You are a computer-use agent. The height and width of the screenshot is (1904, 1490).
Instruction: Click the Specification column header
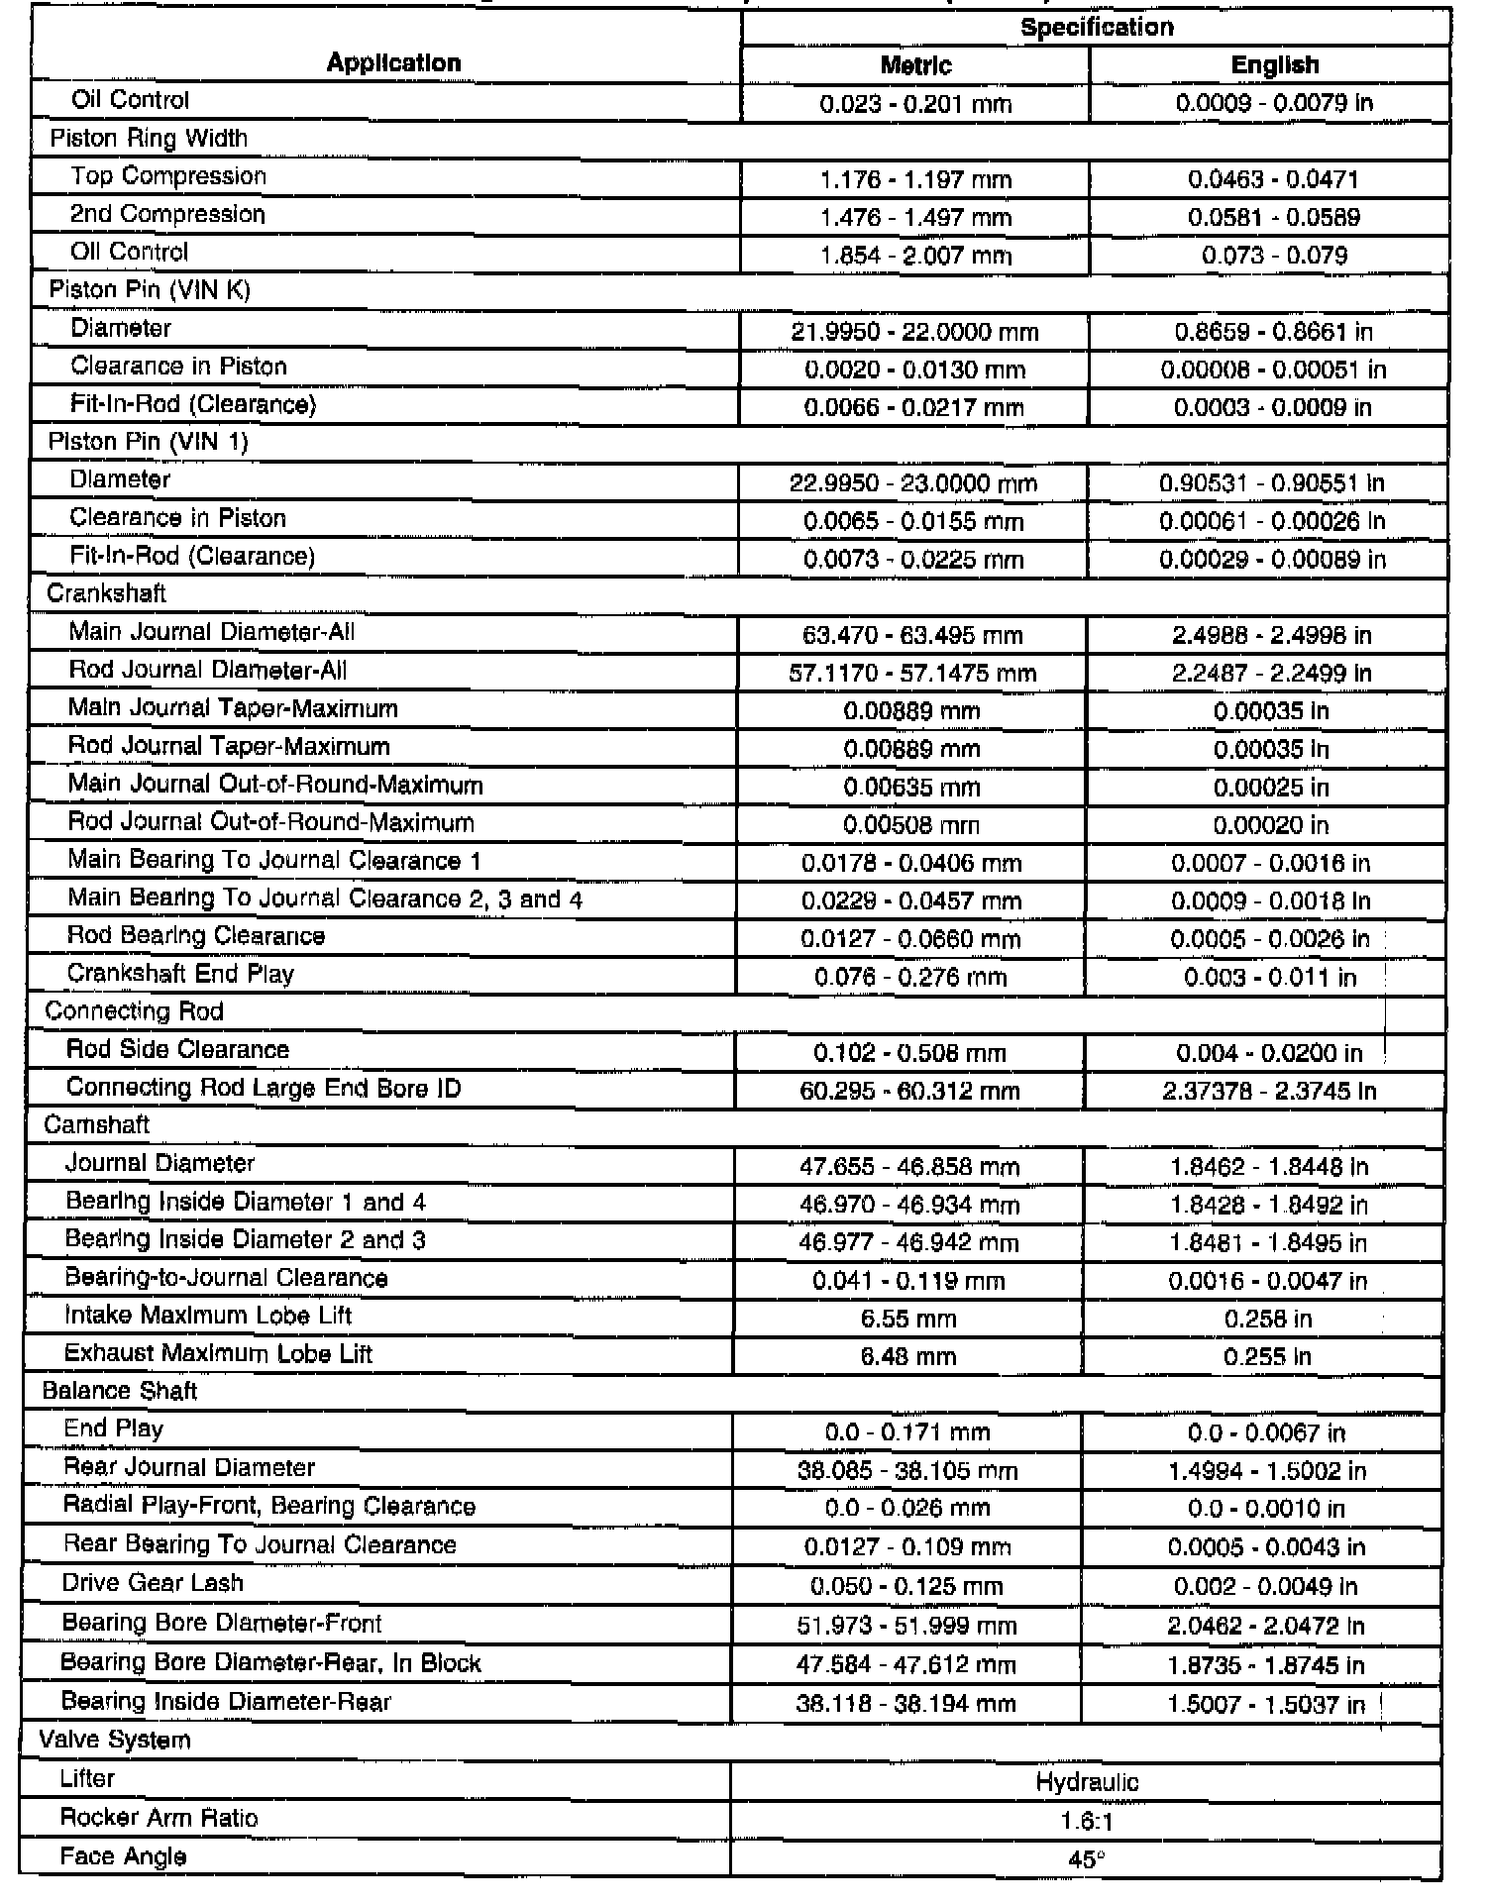(x=1097, y=27)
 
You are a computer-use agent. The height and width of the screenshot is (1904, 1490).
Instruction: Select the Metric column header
(x=915, y=65)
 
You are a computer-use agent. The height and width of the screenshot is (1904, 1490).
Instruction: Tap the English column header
(x=1274, y=65)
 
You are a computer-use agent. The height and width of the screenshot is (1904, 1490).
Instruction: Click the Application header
(x=393, y=63)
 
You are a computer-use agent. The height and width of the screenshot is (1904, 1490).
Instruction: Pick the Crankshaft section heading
(x=106, y=593)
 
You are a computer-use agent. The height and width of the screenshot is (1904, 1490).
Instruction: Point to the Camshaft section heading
(x=96, y=1125)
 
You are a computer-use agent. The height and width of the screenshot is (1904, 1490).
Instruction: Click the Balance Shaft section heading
(x=119, y=1391)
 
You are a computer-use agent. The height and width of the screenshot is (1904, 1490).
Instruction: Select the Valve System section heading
(x=114, y=1741)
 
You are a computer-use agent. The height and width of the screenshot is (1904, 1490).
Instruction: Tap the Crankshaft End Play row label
(x=180, y=975)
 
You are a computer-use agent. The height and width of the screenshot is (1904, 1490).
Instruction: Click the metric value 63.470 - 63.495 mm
(x=911, y=635)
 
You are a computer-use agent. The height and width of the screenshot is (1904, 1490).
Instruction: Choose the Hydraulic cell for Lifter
(x=1087, y=1783)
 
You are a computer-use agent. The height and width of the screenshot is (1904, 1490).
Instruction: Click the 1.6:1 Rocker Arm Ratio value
(x=1087, y=1822)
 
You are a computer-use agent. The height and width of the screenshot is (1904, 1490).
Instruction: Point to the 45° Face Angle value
(x=1087, y=1859)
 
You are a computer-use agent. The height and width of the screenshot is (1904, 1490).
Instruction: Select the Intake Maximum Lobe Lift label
(x=208, y=1316)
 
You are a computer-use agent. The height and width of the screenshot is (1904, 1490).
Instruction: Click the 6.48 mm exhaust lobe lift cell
(x=908, y=1356)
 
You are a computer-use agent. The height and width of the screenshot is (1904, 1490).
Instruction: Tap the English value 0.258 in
(x=1267, y=1319)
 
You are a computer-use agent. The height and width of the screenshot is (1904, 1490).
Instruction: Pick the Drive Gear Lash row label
(x=153, y=1583)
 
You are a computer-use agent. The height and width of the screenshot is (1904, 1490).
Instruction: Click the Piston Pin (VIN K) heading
(x=150, y=290)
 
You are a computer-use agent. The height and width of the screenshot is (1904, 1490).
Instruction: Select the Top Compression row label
(x=168, y=176)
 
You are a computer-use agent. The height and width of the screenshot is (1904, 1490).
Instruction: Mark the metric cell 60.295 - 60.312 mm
(x=909, y=1091)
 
